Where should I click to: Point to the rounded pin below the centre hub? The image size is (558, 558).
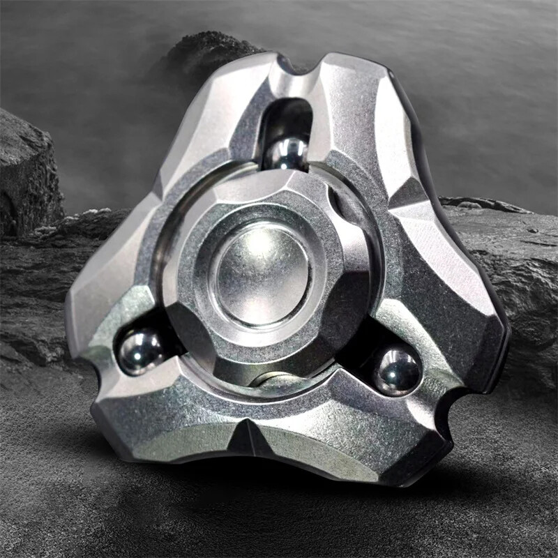coord(276,379)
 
